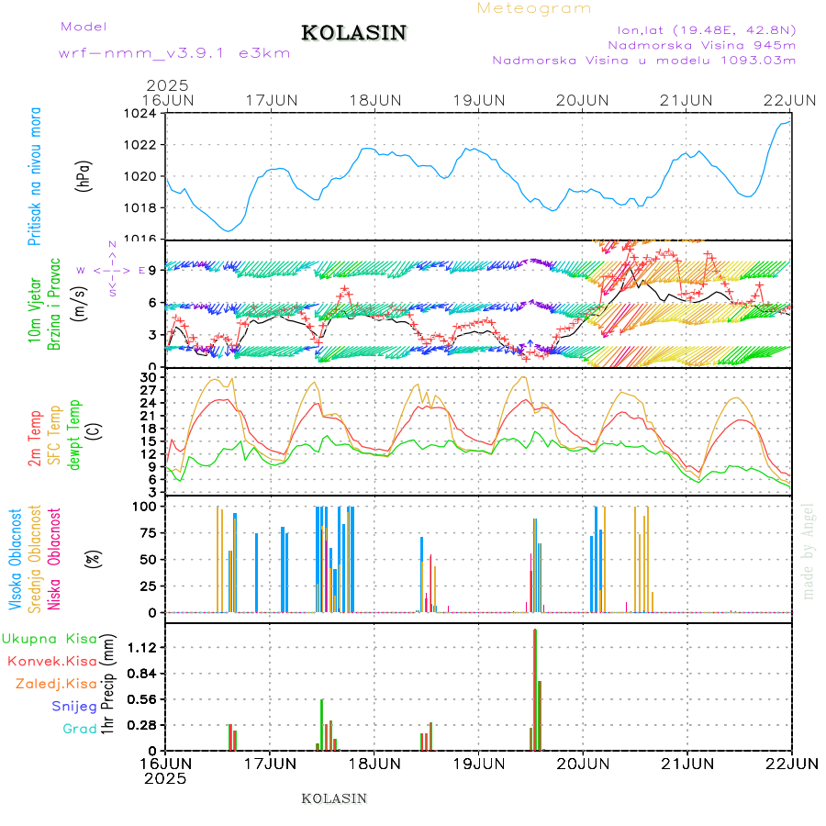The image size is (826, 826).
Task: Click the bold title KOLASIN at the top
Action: click(353, 33)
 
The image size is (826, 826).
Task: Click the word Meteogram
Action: click(534, 8)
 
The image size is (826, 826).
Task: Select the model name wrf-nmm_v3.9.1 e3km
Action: click(174, 52)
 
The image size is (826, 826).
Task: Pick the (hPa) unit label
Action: click(84, 175)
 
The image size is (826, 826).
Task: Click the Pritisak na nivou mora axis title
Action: click(35, 176)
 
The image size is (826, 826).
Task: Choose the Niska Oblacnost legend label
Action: click(54, 559)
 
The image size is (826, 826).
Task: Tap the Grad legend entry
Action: click(80, 729)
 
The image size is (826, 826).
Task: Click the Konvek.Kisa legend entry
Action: click(52, 661)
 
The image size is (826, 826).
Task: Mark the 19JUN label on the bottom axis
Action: click(478, 763)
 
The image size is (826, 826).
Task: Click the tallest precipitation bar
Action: click(535, 688)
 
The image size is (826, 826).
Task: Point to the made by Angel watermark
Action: click(809, 551)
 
